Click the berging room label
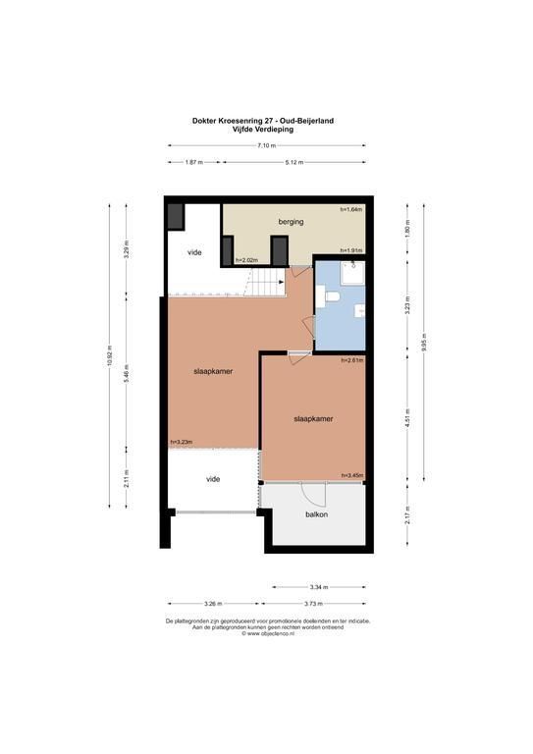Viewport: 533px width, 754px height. coord(291,222)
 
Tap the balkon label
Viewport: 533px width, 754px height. coord(317,514)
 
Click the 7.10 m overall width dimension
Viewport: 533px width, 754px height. coord(267,145)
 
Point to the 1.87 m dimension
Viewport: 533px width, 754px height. coord(193,163)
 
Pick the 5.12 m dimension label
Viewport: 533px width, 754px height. coord(294,163)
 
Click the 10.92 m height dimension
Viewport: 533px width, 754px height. coord(110,356)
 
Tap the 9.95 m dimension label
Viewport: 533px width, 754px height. coord(423,343)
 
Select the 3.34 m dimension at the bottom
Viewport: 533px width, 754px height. coord(319,587)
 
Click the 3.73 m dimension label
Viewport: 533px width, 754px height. coord(314,604)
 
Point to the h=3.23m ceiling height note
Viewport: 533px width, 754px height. coord(182,443)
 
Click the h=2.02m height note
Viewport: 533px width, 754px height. coord(246,260)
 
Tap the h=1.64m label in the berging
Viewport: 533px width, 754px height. coord(351,209)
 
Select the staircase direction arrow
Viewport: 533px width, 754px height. coord(281,282)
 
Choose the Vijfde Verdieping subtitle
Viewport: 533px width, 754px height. coord(263,130)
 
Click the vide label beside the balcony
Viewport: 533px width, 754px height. coord(213,479)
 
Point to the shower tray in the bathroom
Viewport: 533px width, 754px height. coord(352,273)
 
